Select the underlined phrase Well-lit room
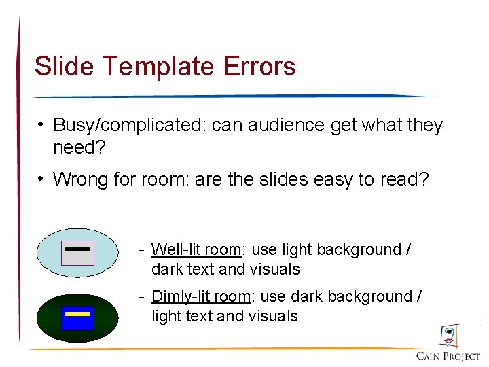pos(196,249)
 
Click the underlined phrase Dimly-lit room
pos(201,296)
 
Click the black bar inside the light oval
pos(77,249)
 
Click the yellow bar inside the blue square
pos(77,314)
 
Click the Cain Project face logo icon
pos(448,336)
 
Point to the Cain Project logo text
pos(448,356)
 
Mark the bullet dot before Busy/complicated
pos(41,125)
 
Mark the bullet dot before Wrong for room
pos(41,179)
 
